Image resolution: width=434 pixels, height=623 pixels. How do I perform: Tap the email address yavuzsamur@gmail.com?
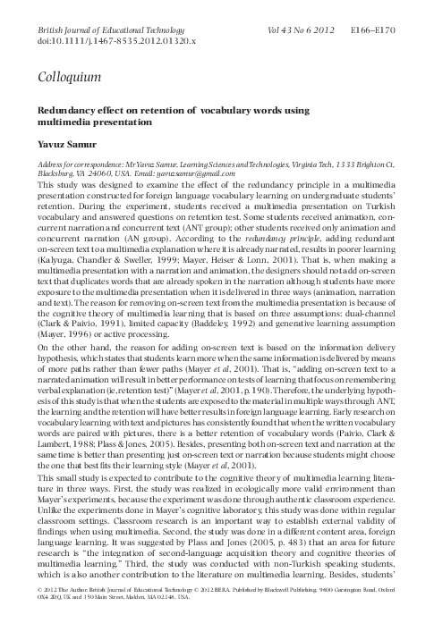198,175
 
